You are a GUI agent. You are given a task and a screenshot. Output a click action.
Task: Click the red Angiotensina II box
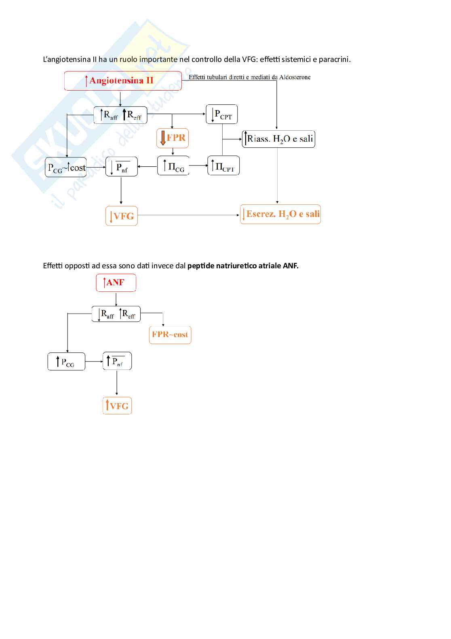[x=122, y=81]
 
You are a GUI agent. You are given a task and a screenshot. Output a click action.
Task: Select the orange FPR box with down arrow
[x=173, y=138]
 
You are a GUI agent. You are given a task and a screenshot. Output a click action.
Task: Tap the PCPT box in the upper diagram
[x=221, y=114]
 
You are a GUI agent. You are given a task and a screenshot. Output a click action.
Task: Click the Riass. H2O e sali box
[x=278, y=139]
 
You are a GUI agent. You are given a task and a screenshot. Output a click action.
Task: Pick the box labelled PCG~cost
[x=66, y=167]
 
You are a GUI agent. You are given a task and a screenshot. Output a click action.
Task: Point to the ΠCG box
[x=173, y=166]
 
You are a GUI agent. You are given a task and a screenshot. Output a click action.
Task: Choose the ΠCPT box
[x=223, y=166]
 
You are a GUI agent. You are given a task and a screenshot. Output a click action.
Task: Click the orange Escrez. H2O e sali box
[x=280, y=214]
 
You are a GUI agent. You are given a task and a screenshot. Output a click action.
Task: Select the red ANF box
[x=116, y=282]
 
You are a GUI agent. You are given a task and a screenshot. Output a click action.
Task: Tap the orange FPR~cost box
[x=170, y=335]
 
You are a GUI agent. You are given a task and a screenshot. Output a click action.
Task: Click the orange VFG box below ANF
[x=117, y=405]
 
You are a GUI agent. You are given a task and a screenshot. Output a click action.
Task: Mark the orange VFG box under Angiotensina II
[x=122, y=216]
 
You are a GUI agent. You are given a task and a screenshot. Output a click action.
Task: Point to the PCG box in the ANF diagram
[x=66, y=361]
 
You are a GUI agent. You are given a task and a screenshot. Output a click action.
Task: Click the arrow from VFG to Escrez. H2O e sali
[x=188, y=215]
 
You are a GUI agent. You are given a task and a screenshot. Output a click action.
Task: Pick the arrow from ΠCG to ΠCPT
[x=198, y=166]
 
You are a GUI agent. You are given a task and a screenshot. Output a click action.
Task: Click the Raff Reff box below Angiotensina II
[x=120, y=115]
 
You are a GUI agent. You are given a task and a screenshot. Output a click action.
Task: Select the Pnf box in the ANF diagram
[x=117, y=361]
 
